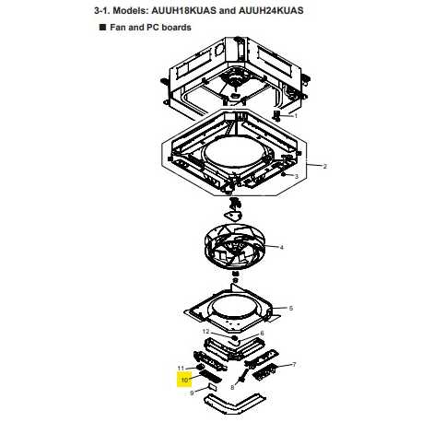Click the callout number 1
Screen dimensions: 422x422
(x=296, y=116)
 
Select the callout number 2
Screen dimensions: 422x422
(x=325, y=166)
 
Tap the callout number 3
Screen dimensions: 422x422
(x=297, y=176)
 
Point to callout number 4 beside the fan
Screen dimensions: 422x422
(x=281, y=247)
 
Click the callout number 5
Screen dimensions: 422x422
(x=291, y=308)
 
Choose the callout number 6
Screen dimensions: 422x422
(x=262, y=333)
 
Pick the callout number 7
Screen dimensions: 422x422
(x=294, y=365)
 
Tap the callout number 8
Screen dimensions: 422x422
(x=232, y=388)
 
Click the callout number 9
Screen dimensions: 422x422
(x=192, y=393)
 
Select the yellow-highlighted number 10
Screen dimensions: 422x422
(x=184, y=380)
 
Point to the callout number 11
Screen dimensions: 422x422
(x=181, y=368)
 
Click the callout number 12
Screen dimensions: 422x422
(x=205, y=332)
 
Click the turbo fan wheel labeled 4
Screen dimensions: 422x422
(x=234, y=247)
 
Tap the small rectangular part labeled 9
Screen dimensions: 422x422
(x=213, y=386)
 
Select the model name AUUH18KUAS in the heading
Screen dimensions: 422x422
(x=184, y=10)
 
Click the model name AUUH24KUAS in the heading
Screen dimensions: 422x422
(x=271, y=10)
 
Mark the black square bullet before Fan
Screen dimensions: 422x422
(x=102, y=27)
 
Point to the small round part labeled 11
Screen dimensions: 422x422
(x=200, y=367)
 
